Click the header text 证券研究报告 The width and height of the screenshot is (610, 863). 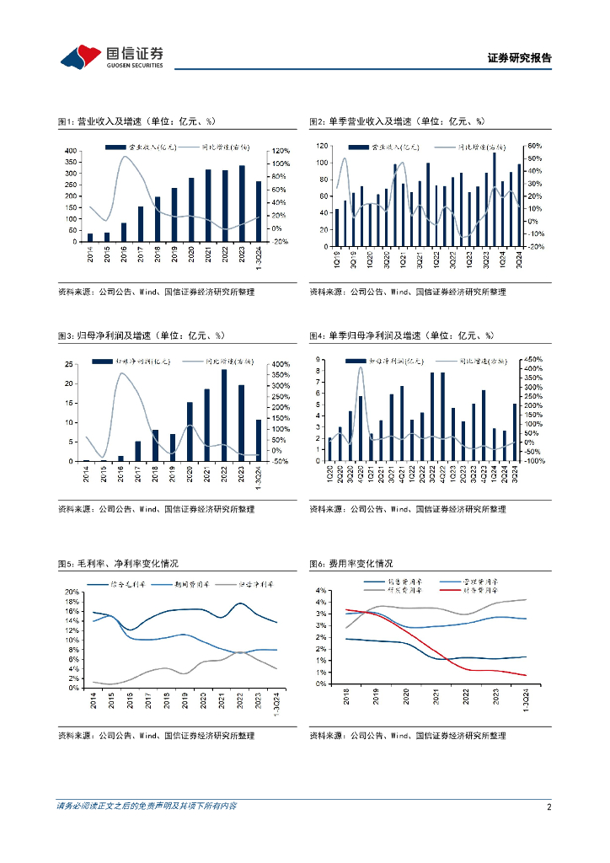[x=520, y=58]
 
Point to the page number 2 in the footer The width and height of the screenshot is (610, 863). [x=548, y=807]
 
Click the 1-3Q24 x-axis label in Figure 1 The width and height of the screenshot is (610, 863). [x=259, y=256]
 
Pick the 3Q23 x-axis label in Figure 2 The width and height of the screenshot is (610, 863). [x=486, y=258]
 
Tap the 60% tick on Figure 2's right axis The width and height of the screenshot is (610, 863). [x=536, y=145]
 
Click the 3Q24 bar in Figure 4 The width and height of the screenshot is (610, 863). [x=514, y=432]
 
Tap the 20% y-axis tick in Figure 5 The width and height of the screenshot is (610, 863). [x=72, y=592]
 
